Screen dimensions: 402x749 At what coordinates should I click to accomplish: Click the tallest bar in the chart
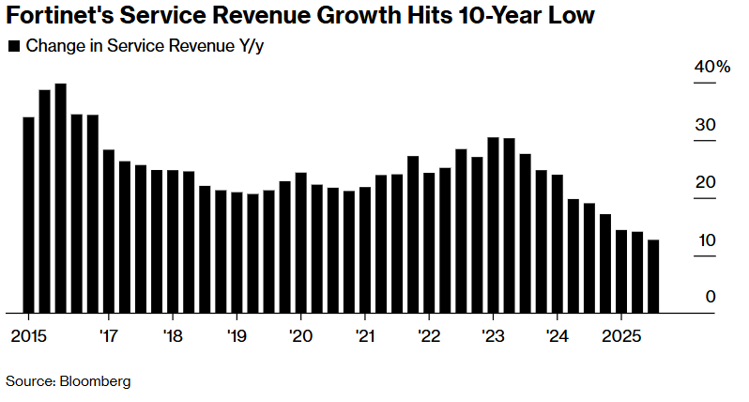tap(60, 197)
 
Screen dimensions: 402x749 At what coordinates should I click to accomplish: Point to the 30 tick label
tap(705, 126)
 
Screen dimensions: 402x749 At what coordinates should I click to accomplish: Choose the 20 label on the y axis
tap(705, 183)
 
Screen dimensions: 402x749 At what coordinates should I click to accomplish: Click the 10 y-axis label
tap(705, 240)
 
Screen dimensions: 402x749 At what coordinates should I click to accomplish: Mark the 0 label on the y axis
tap(711, 298)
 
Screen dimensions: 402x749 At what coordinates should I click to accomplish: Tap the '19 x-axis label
tap(236, 336)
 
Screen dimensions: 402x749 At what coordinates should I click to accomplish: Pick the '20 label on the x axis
tap(300, 336)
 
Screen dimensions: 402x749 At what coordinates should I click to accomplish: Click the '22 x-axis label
tap(428, 336)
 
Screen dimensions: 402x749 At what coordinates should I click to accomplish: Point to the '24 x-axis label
tap(557, 336)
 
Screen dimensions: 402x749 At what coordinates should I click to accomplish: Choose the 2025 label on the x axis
tap(620, 336)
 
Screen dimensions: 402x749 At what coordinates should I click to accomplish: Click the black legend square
tap(13, 46)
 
